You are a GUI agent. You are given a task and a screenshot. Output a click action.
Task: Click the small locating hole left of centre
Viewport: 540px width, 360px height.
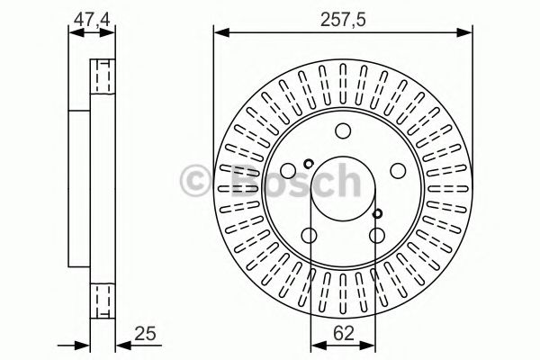[308, 164]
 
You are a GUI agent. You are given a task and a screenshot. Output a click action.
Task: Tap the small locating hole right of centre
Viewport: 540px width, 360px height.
[378, 213]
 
